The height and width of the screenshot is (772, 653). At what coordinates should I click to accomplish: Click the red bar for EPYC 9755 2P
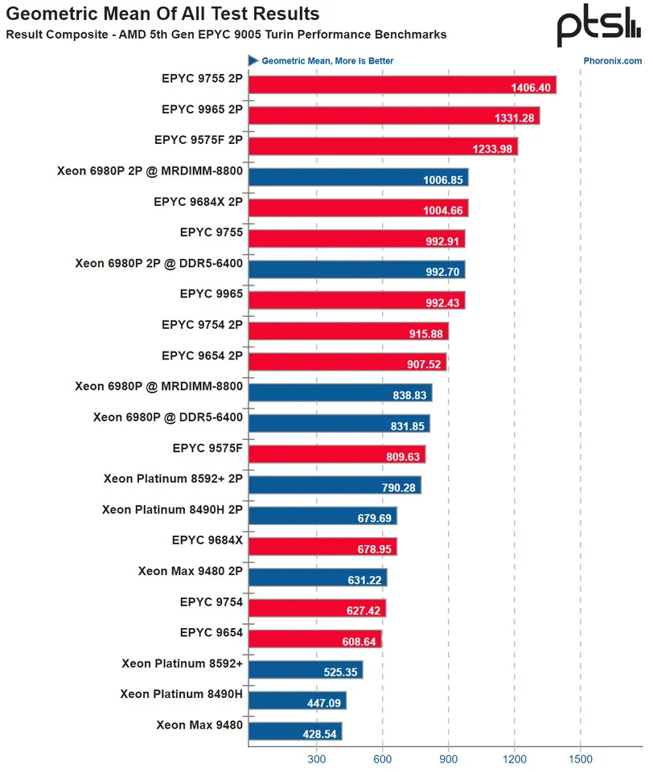pos(402,85)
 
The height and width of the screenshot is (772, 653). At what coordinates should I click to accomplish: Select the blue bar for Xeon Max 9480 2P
pos(318,577)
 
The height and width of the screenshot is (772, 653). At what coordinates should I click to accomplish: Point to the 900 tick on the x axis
pos(450,758)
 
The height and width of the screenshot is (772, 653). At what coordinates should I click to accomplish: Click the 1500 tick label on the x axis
pos(581,758)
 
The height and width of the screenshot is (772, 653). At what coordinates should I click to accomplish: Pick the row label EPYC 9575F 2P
pos(199,140)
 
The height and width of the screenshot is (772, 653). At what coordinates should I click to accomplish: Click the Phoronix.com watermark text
pos(613,60)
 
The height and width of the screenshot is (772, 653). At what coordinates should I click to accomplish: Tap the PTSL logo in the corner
pos(599,28)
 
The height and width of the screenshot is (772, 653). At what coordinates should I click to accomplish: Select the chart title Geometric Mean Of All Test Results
pos(162,14)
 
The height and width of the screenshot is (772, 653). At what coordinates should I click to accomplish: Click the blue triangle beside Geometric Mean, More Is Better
pos(253,60)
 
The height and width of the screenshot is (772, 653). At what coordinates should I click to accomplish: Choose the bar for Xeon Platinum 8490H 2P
pos(322,515)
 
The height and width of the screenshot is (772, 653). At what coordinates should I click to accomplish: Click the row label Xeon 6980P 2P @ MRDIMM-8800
pos(150,170)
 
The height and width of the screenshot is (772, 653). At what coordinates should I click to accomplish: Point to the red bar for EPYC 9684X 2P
pos(359,208)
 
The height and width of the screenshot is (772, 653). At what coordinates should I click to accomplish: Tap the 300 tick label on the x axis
pos(316,758)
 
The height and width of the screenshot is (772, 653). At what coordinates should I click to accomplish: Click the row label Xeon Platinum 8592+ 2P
pos(173,478)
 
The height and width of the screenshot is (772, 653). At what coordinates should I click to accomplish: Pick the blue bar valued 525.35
pos(306,669)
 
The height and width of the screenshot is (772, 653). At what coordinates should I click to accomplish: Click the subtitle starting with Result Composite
pos(226,35)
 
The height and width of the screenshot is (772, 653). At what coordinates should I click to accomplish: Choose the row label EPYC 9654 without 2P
pos(212,632)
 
